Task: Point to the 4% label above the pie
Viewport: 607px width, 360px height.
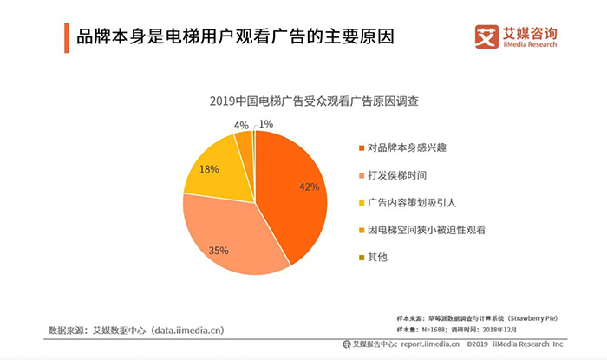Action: pos(242,125)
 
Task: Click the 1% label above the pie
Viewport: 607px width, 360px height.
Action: pos(266,124)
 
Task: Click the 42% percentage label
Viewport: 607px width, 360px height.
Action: pos(310,187)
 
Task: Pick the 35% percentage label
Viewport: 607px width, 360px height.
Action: pos(219,251)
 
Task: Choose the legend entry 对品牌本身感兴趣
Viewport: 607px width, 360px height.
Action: pos(408,147)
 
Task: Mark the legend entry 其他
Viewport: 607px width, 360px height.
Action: pos(378,258)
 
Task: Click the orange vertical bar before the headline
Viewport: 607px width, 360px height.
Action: pos(67,38)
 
